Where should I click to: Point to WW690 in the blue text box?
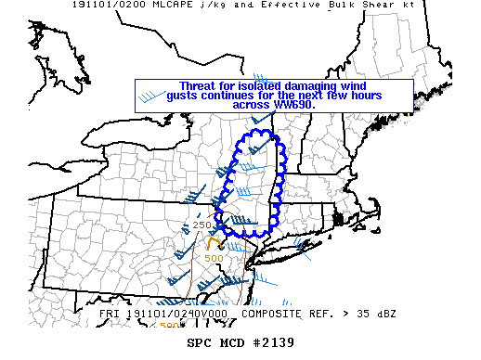point(294,105)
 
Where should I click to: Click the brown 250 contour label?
point(201,225)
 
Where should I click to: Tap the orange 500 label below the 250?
point(213,258)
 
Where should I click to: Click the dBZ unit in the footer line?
point(383,315)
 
